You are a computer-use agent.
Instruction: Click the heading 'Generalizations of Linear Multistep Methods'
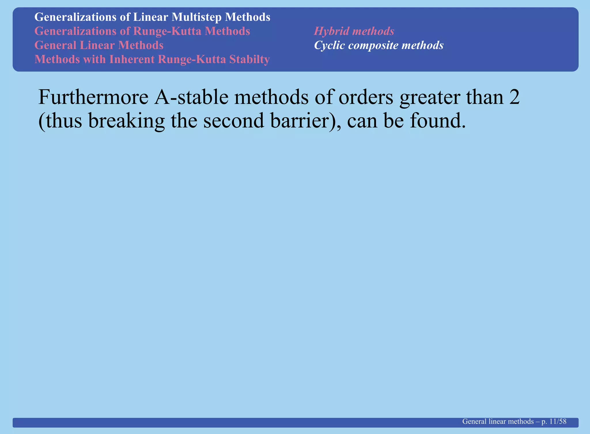tap(152, 17)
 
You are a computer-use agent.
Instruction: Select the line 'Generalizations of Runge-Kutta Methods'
tap(142, 31)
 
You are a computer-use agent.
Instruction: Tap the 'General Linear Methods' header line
tap(99, 45)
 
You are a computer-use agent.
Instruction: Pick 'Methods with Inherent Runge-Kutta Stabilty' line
tap(152, 59)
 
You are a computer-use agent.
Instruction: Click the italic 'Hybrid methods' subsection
tap(354, 31)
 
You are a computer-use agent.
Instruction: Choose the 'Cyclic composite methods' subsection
tap(379, 45)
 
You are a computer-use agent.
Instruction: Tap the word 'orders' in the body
tap(366, 97)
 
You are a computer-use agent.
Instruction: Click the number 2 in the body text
tap(515, 97)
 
